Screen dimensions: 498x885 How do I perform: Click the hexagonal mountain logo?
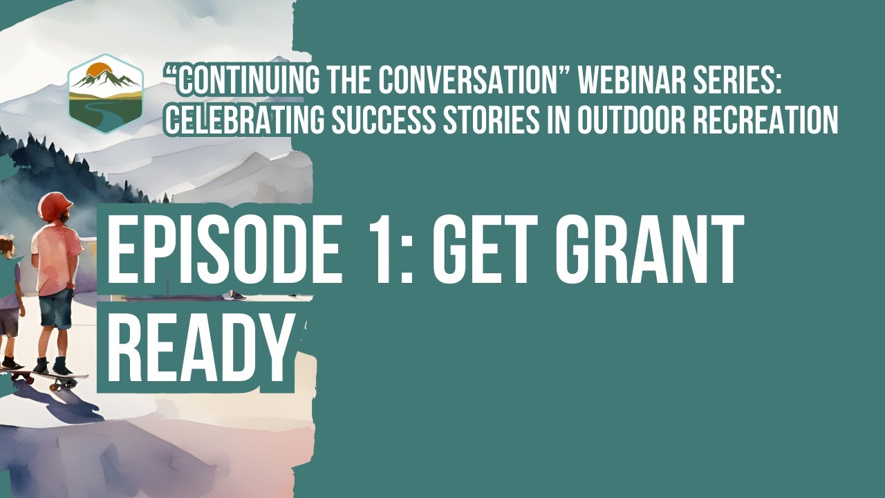[x=106, y=93]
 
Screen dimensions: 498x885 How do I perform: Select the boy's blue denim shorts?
[x=55, y=308]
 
